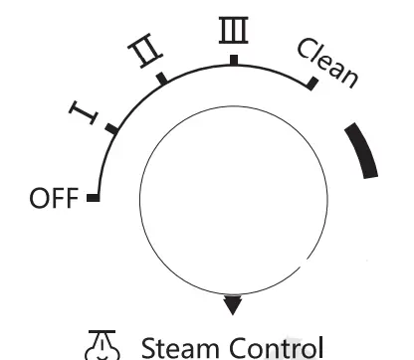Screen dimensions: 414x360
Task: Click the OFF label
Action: (52, 199)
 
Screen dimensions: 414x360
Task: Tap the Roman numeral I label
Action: (87, 115)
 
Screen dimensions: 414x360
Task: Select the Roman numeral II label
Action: (142, 55)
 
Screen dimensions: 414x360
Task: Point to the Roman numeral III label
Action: (232, 32)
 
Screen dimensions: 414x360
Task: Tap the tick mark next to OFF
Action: (94, 198)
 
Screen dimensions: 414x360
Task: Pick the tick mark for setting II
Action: (162, 78)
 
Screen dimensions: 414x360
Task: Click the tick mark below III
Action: (233, 60)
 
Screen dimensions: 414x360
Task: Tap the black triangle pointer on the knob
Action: (233, 304)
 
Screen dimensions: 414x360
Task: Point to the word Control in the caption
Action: (270, 348)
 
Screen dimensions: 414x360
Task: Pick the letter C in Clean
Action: (306, 51)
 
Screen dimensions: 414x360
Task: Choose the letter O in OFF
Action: (38, 199)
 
